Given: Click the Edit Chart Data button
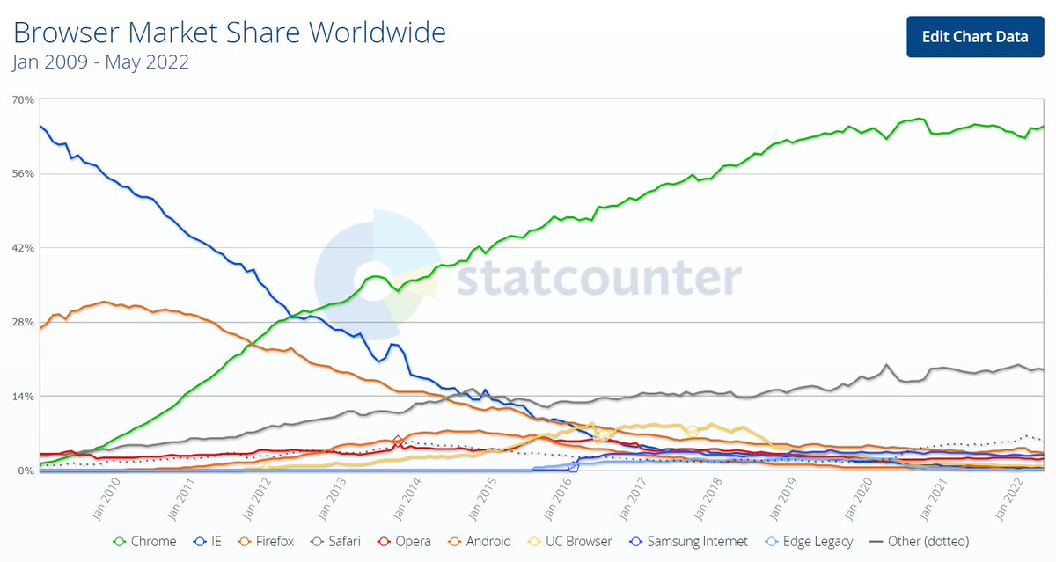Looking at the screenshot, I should (974, 36).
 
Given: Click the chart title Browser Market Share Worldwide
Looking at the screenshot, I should (229, 33).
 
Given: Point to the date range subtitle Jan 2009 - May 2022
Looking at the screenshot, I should (100, 62).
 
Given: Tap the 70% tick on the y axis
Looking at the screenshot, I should (23, 100).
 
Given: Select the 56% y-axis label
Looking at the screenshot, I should (23, 174).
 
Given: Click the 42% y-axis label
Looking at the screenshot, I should (23, 248).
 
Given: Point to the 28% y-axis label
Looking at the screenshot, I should (23, 323).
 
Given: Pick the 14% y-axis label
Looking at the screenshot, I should (23, 397).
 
